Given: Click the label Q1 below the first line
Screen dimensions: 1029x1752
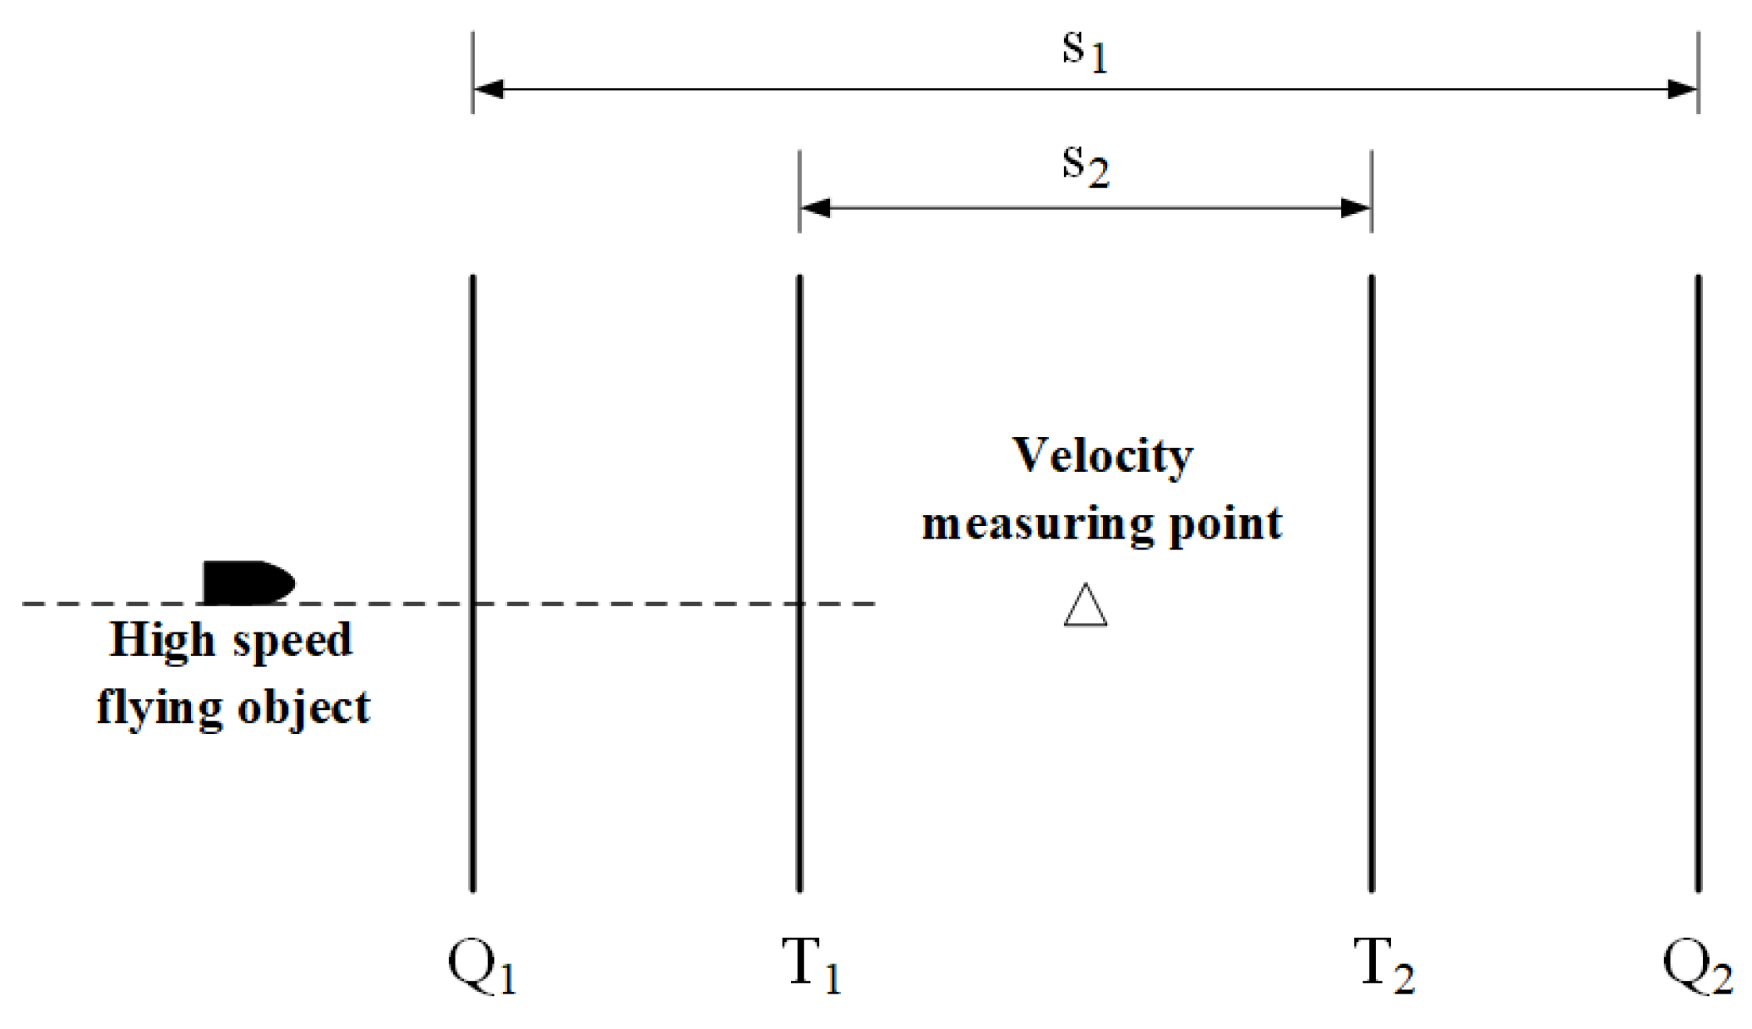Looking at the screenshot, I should coord(481,966).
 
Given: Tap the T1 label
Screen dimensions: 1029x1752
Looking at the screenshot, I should coord(811,966).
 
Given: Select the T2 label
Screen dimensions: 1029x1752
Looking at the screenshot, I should coord(1383,966).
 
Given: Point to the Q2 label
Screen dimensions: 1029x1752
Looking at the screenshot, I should coord(1697,966).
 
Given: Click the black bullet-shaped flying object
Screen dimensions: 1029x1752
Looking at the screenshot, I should coord(248,583).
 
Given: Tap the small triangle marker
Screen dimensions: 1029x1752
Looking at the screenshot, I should coord(1085,606).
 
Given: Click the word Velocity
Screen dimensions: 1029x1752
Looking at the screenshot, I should coord(1102,457).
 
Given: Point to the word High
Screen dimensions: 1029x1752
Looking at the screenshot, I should coord(161,641).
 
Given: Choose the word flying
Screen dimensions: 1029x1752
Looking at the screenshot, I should coord(159,709).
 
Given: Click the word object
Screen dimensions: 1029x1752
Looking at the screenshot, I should coord(303,709).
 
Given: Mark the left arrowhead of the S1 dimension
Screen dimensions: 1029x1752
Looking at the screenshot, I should coord(488,89).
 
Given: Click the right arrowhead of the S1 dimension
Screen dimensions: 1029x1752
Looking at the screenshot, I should coord(1683,89).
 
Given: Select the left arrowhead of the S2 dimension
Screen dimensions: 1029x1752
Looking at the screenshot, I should coord(815,207).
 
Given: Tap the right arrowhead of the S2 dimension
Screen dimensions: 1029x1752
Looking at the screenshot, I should coord(1356,207).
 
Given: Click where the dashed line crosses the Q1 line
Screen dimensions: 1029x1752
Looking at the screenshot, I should coord(472,604).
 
